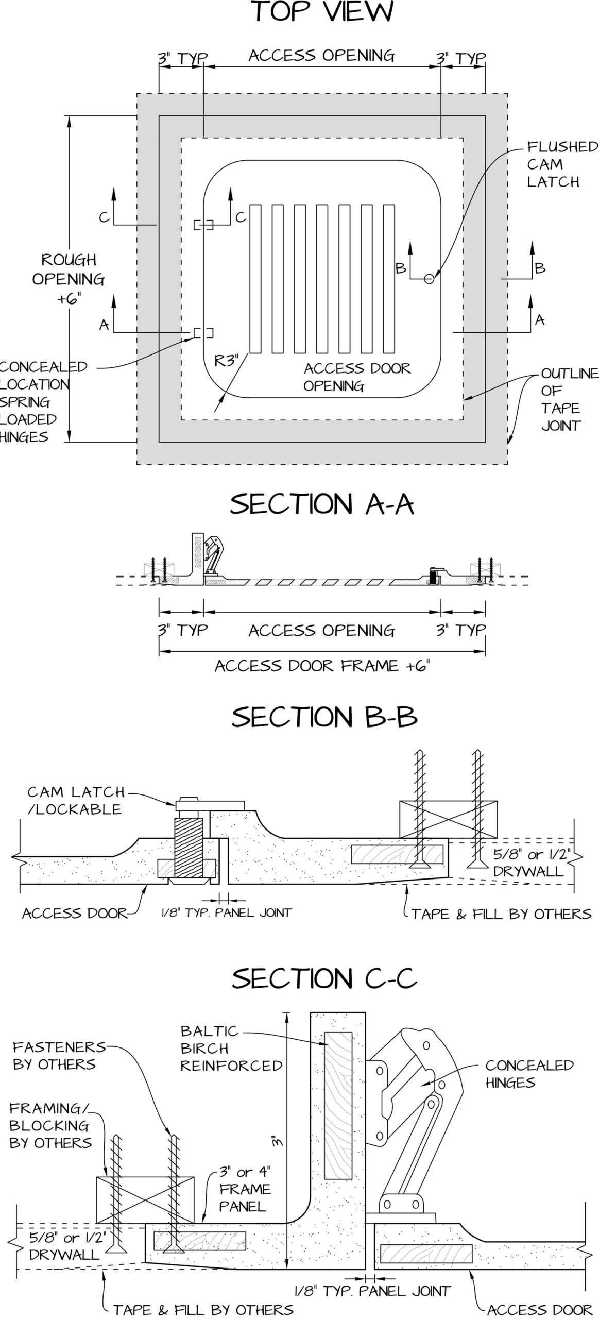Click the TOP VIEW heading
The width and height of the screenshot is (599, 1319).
(323, 12)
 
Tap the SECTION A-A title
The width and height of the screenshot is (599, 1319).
(321, 504)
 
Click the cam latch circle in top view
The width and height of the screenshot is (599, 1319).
(429, 279)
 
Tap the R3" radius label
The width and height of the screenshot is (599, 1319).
(227, 361)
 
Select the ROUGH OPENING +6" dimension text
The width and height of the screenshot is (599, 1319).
(69, 279)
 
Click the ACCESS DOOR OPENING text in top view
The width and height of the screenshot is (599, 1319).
(356, 377)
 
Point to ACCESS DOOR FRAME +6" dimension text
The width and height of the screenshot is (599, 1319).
(322, 666)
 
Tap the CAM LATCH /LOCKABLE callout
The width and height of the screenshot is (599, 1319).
(75, 800)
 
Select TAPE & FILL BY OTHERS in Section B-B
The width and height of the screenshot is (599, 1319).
(501, 914)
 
